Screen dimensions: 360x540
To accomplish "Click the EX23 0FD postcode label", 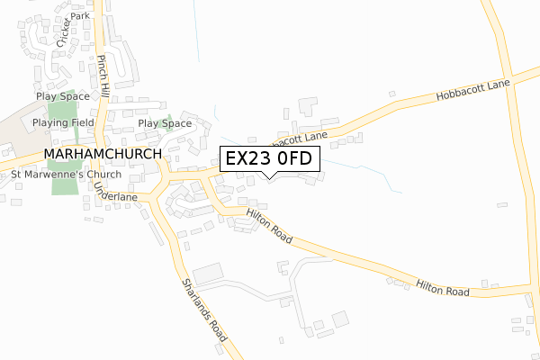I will [x=268, y=158].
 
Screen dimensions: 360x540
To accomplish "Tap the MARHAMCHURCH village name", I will [x=102, y=154].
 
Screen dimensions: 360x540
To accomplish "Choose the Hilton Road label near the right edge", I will [x=443, y=291].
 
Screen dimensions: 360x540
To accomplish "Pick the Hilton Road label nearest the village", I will [x=269, y=223].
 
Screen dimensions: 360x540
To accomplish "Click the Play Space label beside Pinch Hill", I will [x=63, y=96].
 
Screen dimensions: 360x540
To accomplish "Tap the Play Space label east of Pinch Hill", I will [x=165, y=123].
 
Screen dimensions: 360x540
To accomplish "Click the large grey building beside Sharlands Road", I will [x=207, y=272].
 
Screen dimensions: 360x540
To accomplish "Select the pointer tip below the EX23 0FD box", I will [x=268, y=176].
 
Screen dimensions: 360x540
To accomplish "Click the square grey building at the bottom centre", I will [x=339, y=319].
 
